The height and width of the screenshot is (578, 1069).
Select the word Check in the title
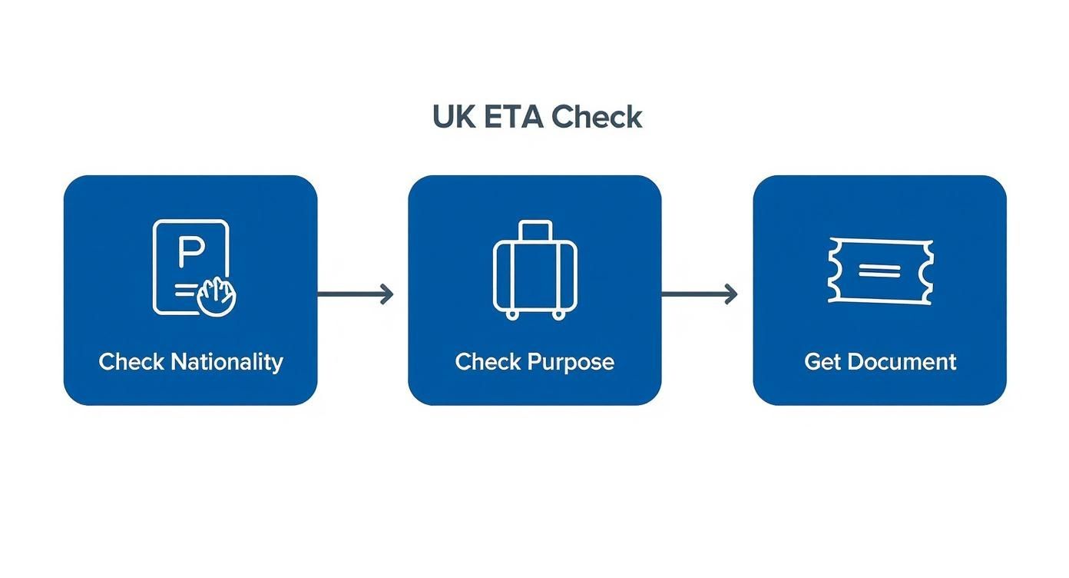[597, 118]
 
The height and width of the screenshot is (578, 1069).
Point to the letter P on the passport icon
[188, 251]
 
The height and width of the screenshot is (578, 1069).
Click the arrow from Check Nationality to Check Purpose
[356, 294]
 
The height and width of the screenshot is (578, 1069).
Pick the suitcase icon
[534, 270]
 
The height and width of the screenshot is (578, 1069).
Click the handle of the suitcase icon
[534, 230]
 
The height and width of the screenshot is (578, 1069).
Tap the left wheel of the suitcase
[511, 314]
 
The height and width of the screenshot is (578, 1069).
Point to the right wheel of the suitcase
[558, 314]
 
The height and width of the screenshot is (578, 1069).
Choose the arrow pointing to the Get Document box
[700, 294]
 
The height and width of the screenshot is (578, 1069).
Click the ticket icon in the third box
[880, 270]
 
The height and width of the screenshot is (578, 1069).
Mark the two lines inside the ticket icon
[879, 270]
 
